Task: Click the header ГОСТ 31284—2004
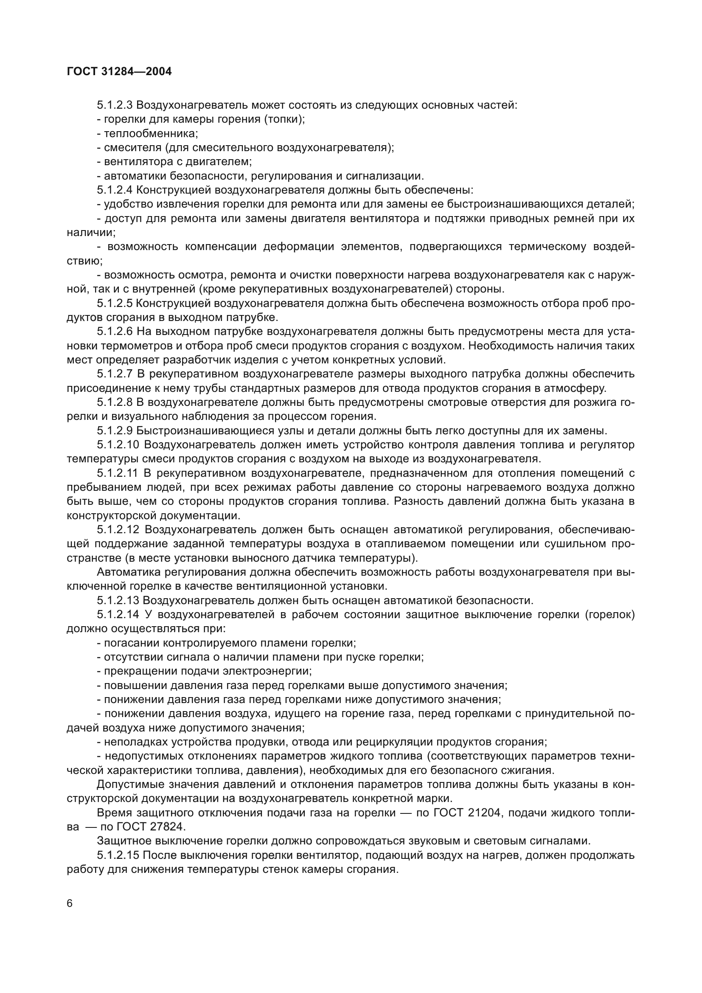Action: [119, 72]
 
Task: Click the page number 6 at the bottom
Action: [70, 904]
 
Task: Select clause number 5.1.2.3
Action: [115, 105]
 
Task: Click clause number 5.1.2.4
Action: [115, 190]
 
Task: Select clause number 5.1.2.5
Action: [115, 304]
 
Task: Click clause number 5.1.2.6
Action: [115, 332]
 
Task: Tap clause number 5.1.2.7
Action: [115, 374]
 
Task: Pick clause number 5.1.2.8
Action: [115, 402]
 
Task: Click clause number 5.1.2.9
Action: [115, 431]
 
